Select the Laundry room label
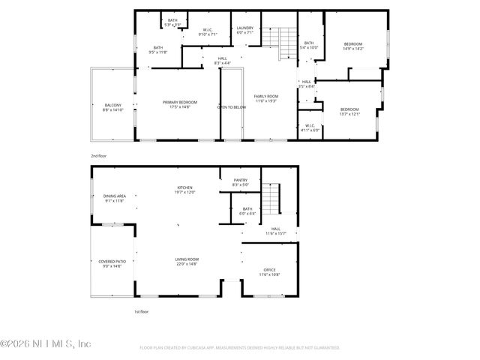245,30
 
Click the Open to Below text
232,107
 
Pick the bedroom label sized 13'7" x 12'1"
349,112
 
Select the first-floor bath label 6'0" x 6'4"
247,211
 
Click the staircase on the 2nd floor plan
284,42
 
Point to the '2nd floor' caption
100,155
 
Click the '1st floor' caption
142,311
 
